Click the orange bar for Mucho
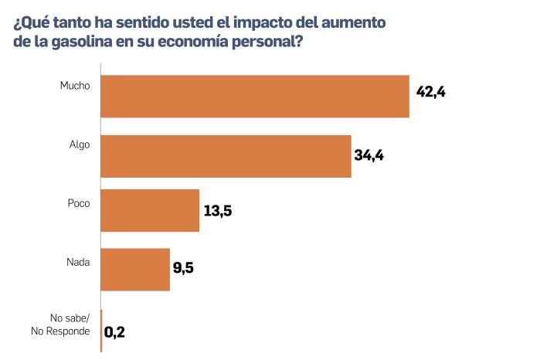click(x=255, y=97)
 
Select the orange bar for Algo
click(x=226, y=156)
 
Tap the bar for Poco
click(x=151, y=210)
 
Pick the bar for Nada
click(x=135, y=269)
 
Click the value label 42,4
click(x=432, y=92)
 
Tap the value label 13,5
click(x=217, y=212)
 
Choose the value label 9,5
click(x=183, y=270)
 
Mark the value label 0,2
click(x=114, y=333)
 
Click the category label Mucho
click(x=75, y=85)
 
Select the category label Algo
click(x=78, y=144)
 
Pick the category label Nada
click(x=77, y=261)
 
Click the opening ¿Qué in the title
click(x=29, y=22)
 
